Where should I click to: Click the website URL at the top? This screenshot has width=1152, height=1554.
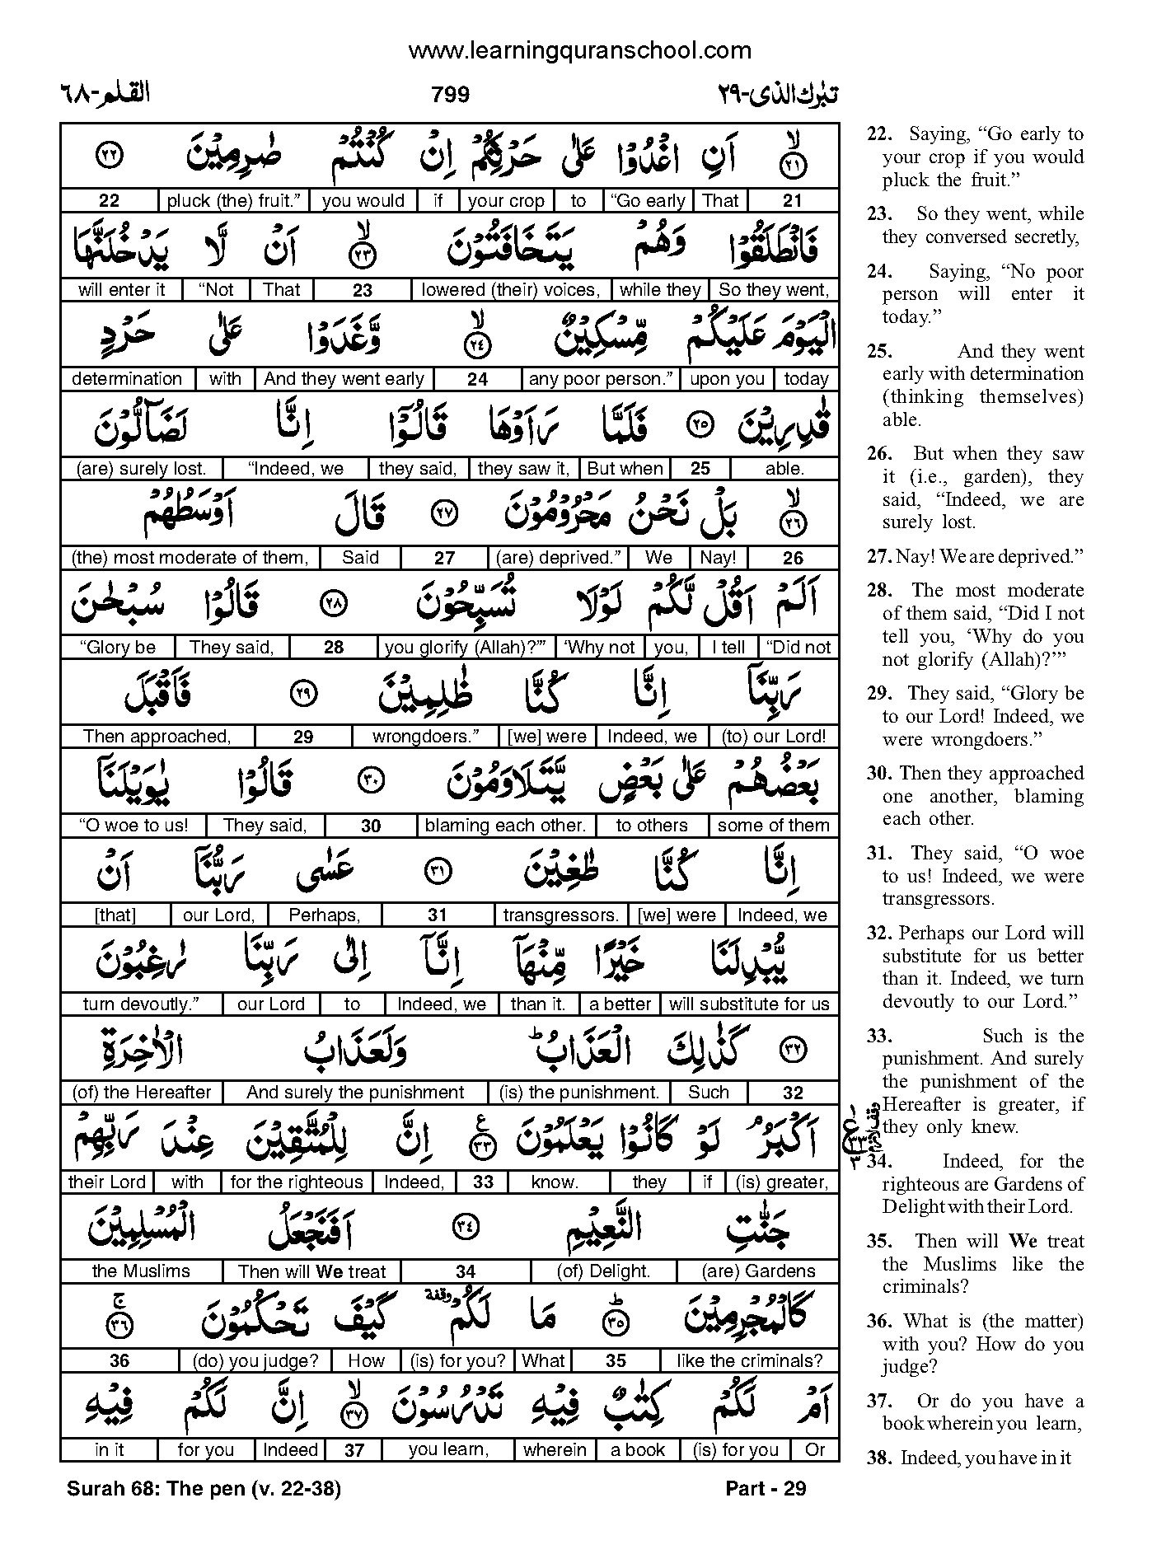tap(579, 51)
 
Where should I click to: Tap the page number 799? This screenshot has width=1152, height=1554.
tap(450, 95)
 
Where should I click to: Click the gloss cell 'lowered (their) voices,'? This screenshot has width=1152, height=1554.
tap(510, 289)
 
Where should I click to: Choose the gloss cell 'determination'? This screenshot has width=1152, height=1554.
tap(127, 379)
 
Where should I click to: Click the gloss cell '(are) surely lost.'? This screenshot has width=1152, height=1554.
tap(141, 469)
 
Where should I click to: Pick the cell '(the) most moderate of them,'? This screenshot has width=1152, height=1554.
tap(190, 558)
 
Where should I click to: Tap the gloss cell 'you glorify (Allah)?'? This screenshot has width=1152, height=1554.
tap(466, 648)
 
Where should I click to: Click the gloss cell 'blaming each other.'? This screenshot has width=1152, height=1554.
tap(504, 826)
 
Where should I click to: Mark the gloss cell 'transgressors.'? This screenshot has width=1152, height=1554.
tap(560, 915)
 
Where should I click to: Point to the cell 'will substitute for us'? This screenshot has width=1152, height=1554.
tap(748, 1004)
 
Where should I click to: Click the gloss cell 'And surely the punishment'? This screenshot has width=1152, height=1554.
tap(355, 1093)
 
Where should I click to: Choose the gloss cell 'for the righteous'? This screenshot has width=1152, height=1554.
tap(297, 1182)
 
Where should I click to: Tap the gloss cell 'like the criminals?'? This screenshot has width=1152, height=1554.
tap(749, 1360)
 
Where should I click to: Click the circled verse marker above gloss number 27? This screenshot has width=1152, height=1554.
tap(444, 513)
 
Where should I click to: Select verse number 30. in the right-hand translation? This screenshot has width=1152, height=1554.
tap(881, 773)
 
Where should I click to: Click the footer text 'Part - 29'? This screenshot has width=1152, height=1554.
tap(766, 1488)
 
